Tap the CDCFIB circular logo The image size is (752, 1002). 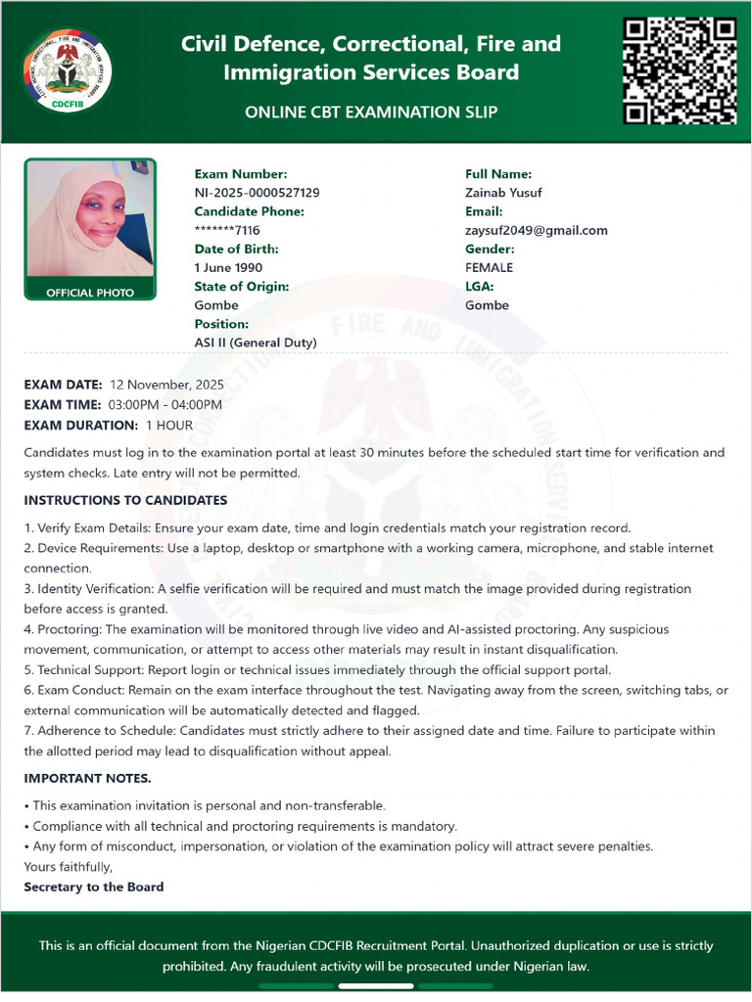coord(67,71)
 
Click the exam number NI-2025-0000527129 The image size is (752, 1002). coord(257,193)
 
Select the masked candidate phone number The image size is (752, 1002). coord(227,230)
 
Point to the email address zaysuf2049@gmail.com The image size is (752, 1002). coord(536,230)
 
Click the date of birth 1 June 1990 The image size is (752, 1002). coord(228,267)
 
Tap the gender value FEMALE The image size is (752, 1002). coord(489,267)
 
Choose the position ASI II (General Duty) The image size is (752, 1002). coord(256,342)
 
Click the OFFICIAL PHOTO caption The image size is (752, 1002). coord(90,293)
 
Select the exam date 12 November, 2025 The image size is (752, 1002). coord(166,385)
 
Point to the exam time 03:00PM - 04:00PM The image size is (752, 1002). coord(165,405)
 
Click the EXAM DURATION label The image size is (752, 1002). coord(81,426)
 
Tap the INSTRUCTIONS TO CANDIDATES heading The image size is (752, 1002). coord(125,500)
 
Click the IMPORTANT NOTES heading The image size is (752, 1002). coord(87,778)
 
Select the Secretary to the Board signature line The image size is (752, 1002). coord(94,887)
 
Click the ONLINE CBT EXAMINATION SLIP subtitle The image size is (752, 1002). coord(371,112)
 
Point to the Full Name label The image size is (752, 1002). coord(498,174)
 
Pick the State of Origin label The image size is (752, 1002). coord(241,286)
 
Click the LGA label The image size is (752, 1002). coord(479,286)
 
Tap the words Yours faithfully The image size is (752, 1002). coord(69,866)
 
